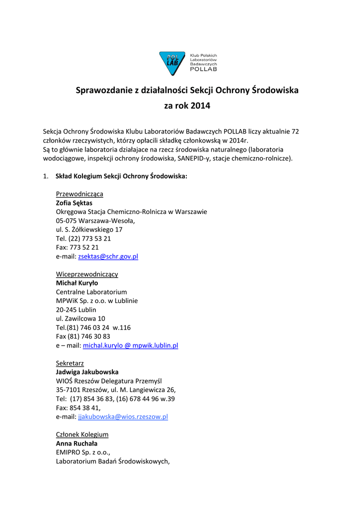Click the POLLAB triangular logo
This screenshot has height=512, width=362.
pos(172,63)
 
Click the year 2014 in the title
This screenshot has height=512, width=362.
pos(200,106)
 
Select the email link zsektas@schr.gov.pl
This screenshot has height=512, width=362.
pos(108,256)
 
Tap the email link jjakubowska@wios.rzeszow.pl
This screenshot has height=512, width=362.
pos(123,416)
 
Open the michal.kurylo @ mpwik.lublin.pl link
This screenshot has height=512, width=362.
pos(130,345)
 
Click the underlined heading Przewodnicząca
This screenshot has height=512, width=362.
pos(79,194)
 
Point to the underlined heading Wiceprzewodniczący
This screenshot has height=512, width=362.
pos(87,274)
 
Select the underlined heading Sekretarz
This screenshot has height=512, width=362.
pos(70,363)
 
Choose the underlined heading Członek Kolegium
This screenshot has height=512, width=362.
pos(82,434)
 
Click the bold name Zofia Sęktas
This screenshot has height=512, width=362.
pos(74,203)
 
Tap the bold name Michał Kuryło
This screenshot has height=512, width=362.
pos(77,283)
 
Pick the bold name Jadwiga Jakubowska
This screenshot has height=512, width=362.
pos(87,372)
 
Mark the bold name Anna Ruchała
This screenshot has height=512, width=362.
pos(76,443)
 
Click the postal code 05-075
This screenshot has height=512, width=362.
pos(66,220)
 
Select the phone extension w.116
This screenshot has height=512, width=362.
pos(121,327)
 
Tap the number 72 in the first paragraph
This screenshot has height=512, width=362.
pos(295,131)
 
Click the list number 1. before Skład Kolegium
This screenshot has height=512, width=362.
pos(45,176)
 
